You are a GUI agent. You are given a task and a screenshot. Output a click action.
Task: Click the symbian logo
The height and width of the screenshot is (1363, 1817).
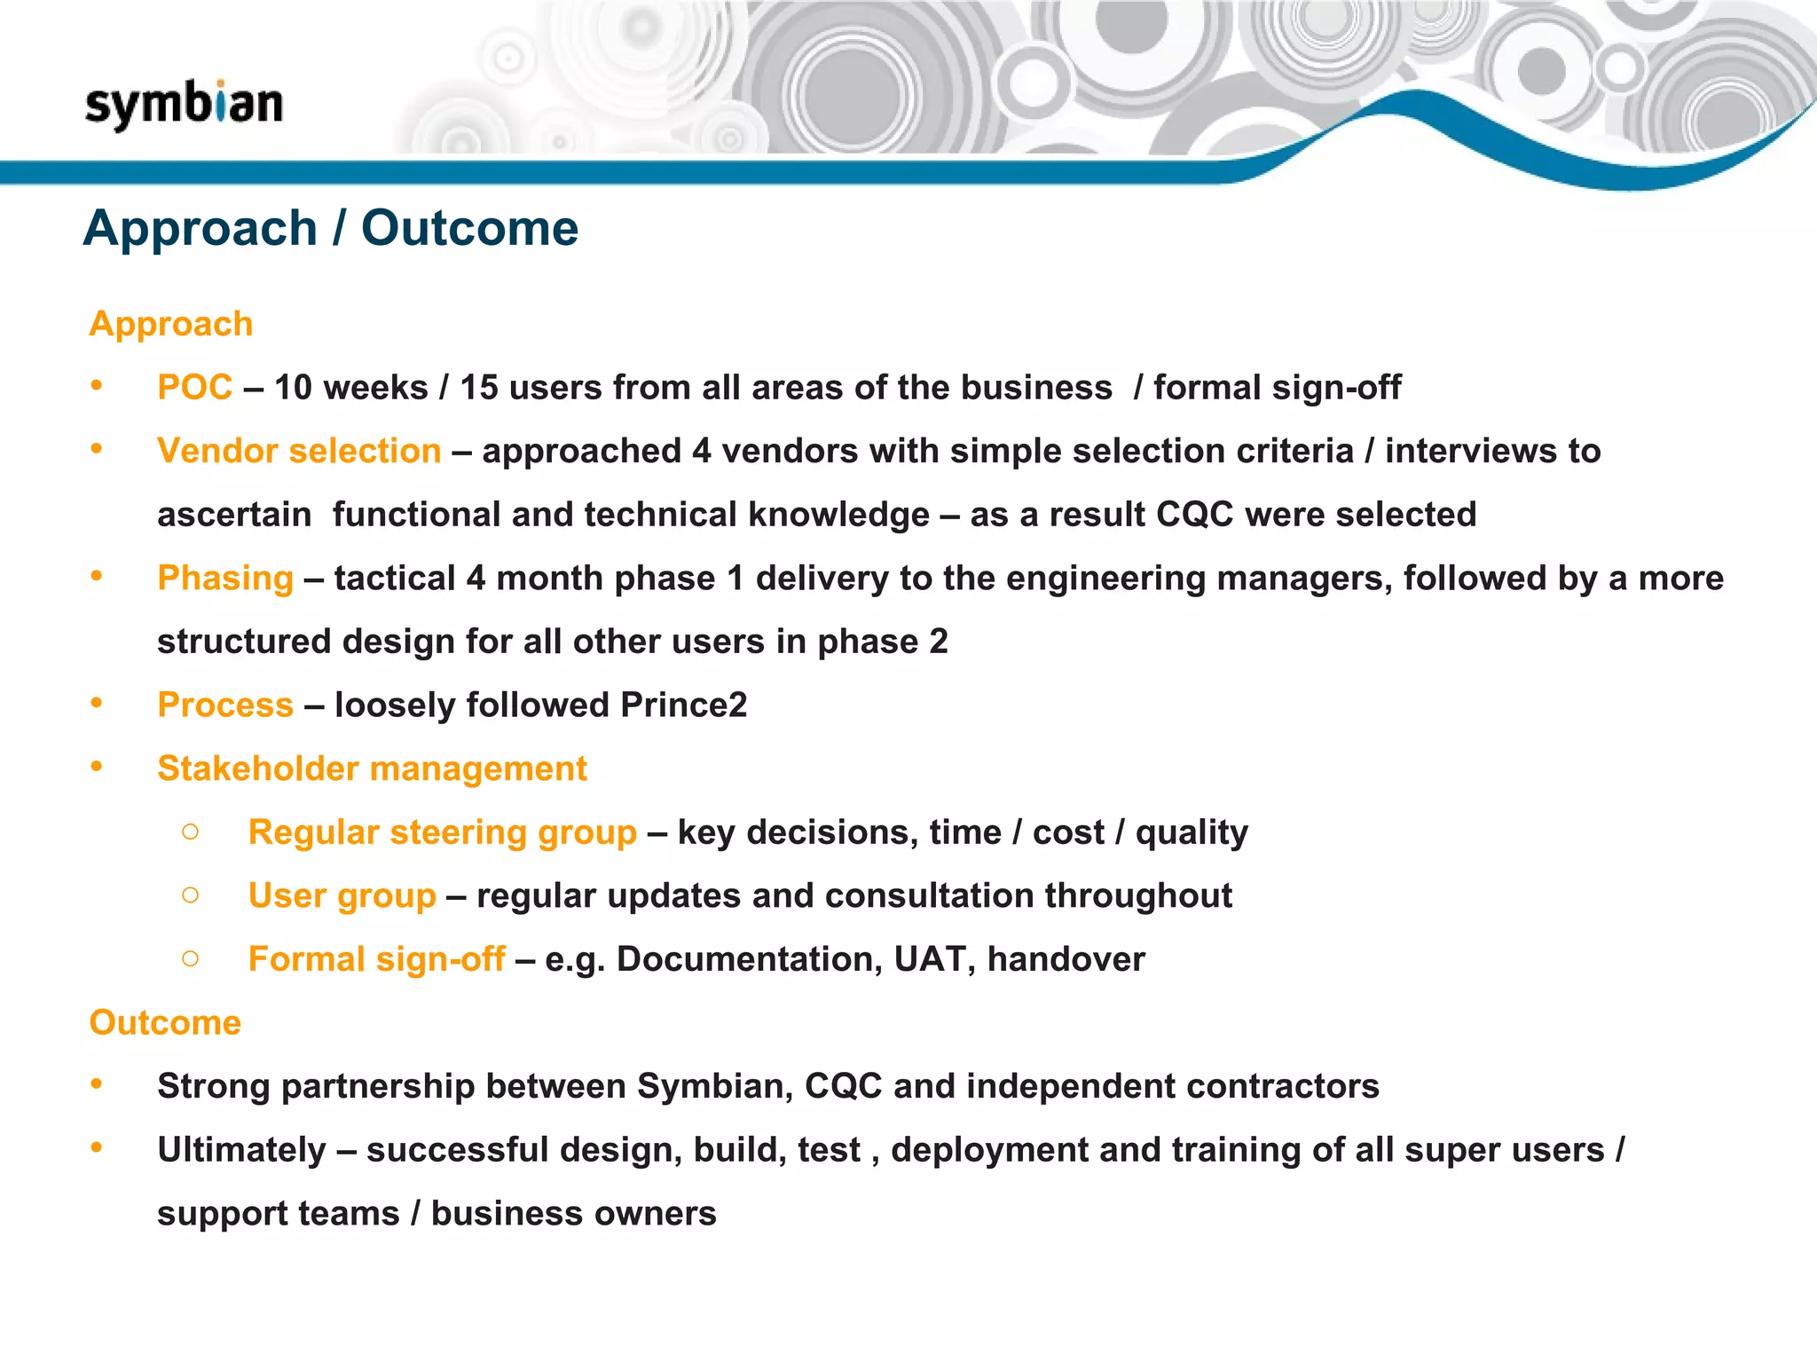(184, 104)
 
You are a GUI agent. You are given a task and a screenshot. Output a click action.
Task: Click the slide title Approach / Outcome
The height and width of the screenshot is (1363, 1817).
(330, 228)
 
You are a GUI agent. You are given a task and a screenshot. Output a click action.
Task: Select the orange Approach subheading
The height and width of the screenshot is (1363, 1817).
(171, 324)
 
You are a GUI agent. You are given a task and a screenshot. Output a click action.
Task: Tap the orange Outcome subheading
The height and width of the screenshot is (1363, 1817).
(165, 1022)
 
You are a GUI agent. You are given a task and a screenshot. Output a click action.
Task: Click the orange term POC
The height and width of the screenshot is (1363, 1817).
(194, 388)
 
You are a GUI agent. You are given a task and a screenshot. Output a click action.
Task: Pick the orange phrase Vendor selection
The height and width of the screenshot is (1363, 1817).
(299, 451)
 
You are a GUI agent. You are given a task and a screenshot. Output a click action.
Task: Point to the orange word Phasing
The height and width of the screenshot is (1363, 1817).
(225, 578)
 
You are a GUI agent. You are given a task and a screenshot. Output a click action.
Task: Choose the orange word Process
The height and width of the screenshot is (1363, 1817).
(225, 705)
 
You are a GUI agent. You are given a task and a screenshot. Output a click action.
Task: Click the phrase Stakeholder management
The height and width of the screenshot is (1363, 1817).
(372, 768)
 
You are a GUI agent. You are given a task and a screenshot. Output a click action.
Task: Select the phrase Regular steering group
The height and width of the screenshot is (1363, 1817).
(442, 832)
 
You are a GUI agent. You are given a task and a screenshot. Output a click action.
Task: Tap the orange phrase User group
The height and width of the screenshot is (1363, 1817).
(342, 895)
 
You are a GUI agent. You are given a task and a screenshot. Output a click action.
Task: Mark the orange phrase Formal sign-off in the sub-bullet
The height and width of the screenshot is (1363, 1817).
(376, 959)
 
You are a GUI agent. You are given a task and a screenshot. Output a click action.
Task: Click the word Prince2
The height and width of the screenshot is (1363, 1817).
(683, 705)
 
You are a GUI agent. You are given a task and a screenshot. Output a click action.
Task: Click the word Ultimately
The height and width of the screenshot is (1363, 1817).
(241, 1150)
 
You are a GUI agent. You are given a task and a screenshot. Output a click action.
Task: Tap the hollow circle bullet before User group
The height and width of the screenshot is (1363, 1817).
(190, 894)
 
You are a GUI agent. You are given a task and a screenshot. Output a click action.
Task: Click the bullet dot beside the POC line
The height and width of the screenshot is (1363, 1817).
(97, 386)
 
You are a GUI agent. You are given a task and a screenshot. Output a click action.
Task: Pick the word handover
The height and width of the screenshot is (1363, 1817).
(1066, 959)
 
